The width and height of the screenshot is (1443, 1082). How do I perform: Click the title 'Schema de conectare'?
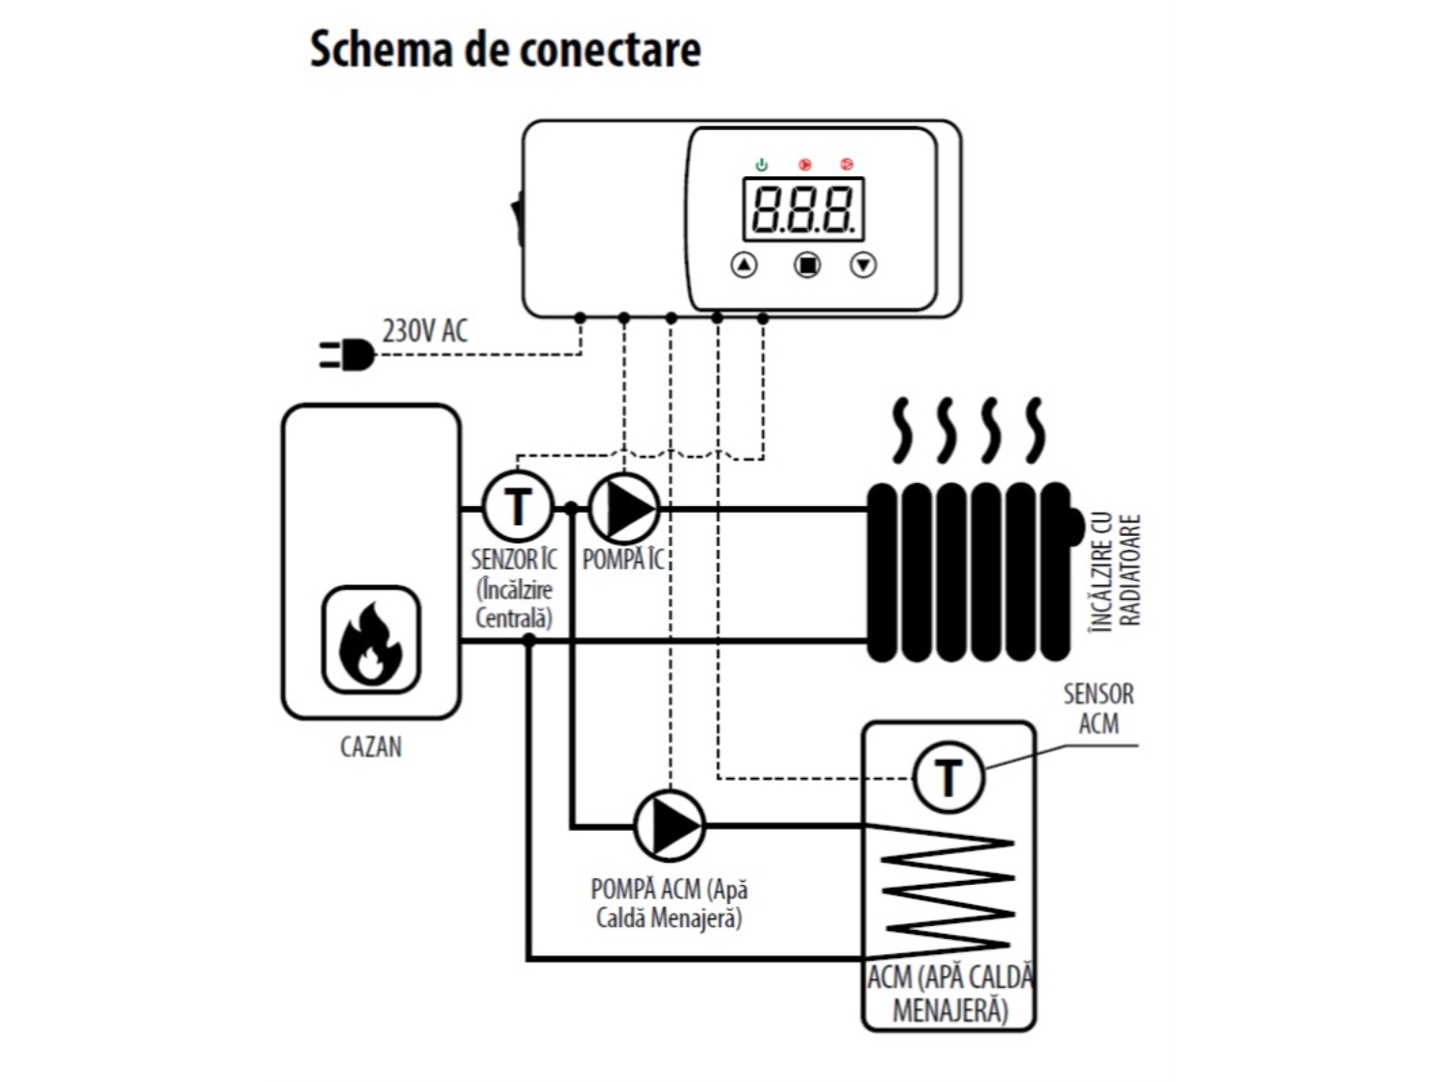point(505,50)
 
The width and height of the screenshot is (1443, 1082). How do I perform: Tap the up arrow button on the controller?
point(744,264)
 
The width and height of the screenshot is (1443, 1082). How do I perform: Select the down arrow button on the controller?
point(863,264)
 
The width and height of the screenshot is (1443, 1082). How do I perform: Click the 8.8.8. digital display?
point(803,210)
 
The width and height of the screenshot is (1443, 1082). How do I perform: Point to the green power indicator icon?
point(761,164)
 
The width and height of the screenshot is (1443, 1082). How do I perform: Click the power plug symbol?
point(347,355)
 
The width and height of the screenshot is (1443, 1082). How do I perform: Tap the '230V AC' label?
point(425,331)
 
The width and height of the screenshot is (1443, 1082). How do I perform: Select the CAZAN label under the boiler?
point(370,746)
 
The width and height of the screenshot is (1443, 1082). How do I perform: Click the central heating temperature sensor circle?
point(518,507)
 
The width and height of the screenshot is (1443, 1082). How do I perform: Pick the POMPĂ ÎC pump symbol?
point(624,508)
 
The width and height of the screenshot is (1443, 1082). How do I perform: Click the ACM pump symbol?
point(670,826)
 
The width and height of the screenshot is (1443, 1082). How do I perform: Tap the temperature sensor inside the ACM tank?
point(948,777)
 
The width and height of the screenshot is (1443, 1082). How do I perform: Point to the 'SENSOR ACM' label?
point(1099,709)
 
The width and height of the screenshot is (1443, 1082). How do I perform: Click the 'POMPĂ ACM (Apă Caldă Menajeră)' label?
point(670,904)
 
